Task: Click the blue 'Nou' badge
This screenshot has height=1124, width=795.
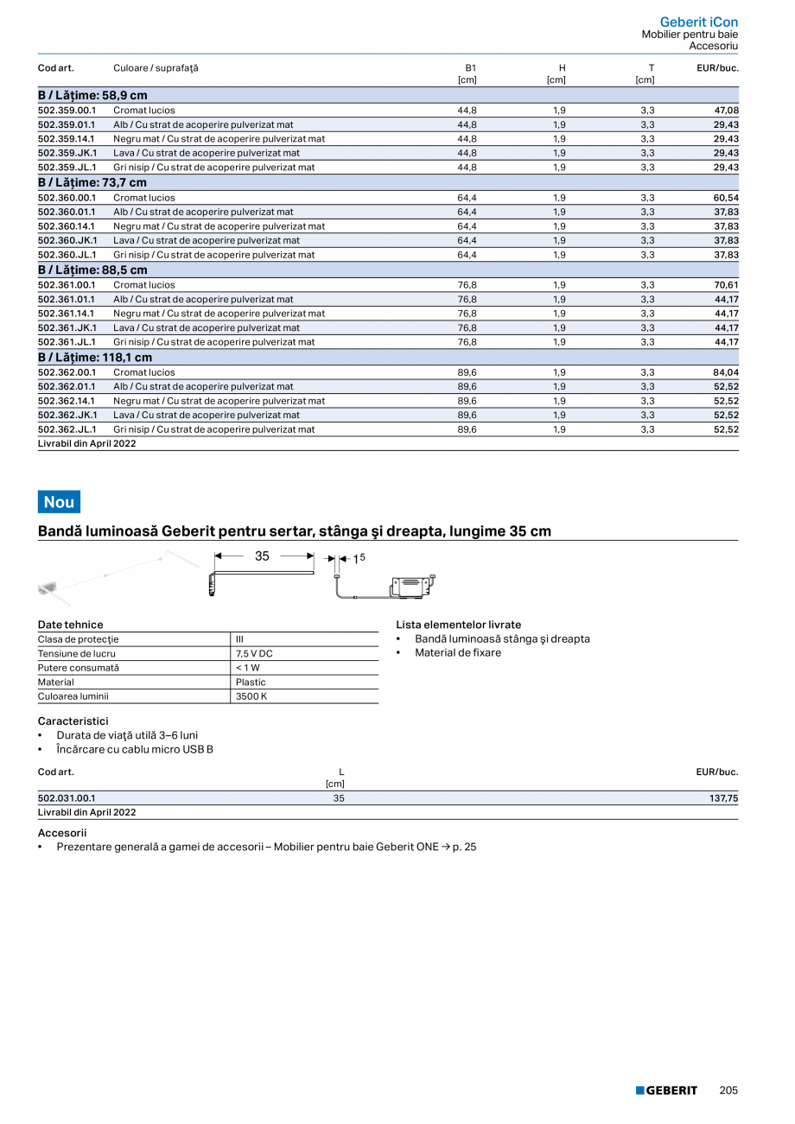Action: pos(59,502)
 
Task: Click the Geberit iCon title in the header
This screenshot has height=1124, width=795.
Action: pos(698,22)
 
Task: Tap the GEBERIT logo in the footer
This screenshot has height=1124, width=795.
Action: pos(666,1090)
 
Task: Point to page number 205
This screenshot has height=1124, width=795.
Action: pos(728,1090)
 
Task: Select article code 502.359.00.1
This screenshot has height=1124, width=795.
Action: pos(67,111)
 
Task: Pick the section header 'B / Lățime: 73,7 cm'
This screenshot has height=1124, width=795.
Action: pos(92,182)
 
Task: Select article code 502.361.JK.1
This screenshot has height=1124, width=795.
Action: pos(67,328)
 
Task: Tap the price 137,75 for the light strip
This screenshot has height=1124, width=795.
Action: pos(723,798)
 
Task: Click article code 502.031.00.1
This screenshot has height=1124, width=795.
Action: pos(67,798)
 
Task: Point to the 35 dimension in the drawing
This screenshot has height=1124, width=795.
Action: pos(262,556)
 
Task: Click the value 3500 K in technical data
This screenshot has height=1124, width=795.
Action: pos(251,696)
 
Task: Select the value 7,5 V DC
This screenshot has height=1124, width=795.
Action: pos(254,654)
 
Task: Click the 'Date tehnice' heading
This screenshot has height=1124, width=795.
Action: pos(70,625)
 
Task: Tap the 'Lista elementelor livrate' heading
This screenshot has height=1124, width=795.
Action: pos(458,625)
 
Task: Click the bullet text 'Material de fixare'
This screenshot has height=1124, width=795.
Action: pos(457,653)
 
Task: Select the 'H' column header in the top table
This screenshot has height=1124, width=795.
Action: pos(562,67)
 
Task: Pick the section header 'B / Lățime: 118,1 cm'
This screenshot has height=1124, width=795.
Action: pos(95,358)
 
